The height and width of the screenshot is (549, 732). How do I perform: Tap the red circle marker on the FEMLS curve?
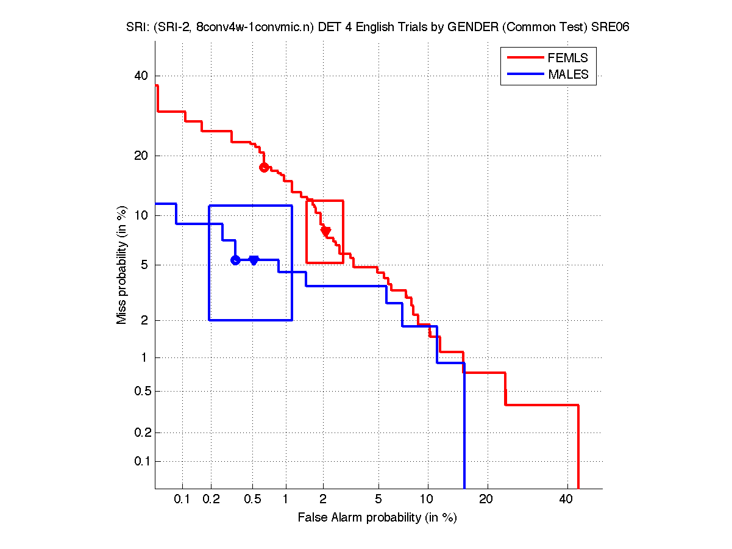(264, 167)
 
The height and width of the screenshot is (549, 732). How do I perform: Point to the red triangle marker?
(326, 231)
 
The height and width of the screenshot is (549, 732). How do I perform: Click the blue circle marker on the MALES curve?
(235, 260)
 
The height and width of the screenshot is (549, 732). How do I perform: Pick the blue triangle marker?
(254, 260)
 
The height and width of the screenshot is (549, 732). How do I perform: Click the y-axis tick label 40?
(141, 76)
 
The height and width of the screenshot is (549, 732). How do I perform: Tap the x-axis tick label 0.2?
(211, 499)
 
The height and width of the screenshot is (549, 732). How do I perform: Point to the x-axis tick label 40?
(566, 499)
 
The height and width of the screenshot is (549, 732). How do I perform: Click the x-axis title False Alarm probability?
(377, 518)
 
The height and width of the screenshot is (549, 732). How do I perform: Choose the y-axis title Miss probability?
(123, 265)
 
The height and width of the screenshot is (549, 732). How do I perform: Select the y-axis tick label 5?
(144, 265)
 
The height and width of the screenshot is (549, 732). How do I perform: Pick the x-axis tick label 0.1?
(182, 499)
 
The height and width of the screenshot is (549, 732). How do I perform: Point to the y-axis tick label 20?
(141, 156)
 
